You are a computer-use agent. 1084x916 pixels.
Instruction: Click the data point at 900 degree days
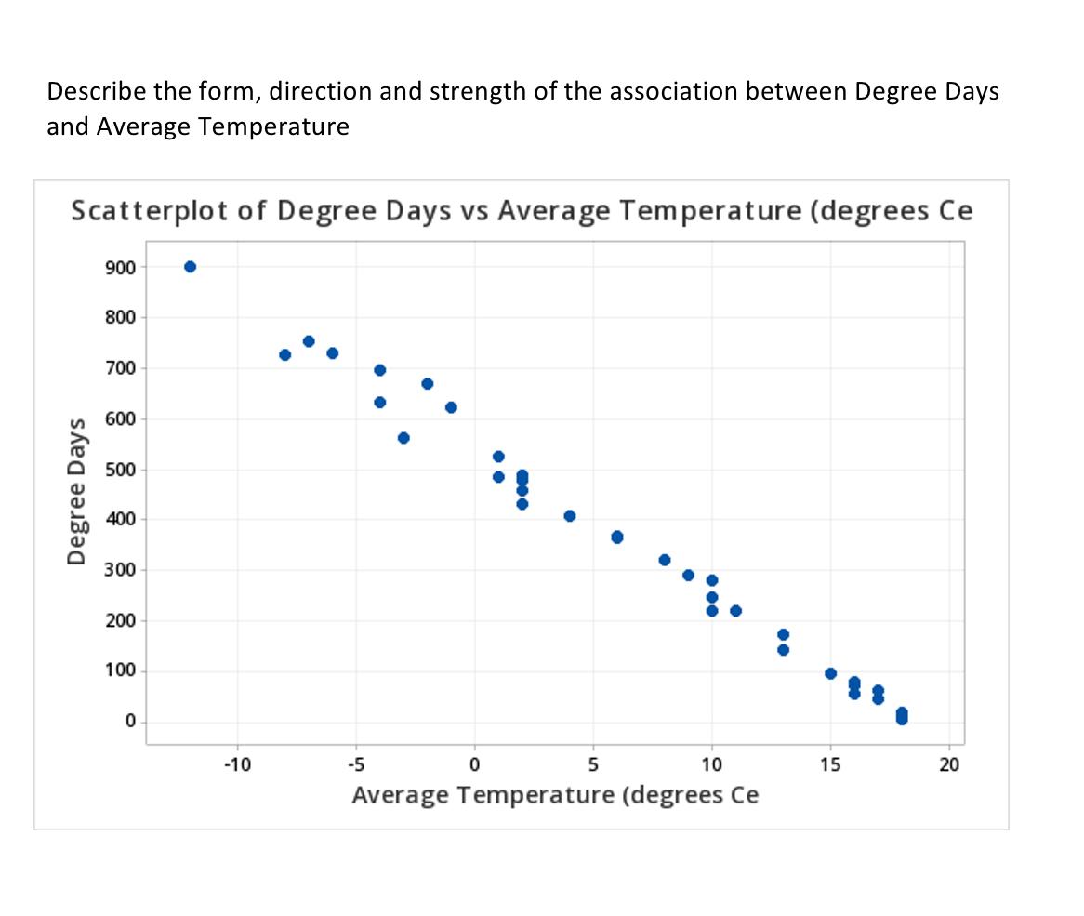coord(190,267)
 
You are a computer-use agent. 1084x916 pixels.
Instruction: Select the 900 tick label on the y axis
coord(123,268)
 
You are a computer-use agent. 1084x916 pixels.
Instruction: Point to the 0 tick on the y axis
coord(129,722)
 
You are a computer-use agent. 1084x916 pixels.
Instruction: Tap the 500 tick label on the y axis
coord(123,470)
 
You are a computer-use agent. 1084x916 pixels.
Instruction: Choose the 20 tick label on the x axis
coord(949,764)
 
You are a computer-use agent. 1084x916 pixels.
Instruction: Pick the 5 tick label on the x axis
coord(593,764)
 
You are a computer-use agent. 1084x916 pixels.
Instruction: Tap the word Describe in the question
coord(89,92)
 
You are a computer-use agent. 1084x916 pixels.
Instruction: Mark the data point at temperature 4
coord(570,516)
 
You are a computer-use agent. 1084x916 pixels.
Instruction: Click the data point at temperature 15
coord(830,673)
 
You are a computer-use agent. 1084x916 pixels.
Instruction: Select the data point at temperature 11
coord(735,611)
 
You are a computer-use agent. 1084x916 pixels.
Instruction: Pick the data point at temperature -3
coord(403,438)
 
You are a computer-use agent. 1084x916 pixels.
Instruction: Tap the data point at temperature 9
coord(688,575)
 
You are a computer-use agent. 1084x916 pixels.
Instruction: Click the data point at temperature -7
coord(309,341)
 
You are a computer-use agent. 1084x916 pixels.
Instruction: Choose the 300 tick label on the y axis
coord(123,570)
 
